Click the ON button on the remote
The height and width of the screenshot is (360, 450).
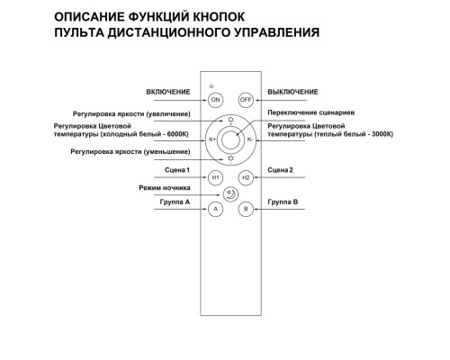coord(215,100)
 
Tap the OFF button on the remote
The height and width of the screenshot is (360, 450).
coord(245,100)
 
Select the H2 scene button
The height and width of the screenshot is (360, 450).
coord(245,178)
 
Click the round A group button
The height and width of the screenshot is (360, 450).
coord(215,209)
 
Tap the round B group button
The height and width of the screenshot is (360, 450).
coord(245,209)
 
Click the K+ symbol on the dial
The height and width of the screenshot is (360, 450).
coord(212,139)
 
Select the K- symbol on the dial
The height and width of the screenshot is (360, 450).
coord(248,139)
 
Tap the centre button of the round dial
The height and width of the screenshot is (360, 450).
coord(230,139)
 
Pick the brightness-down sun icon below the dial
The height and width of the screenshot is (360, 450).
coord(230,159)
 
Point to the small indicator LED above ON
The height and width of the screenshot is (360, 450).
coord(211,85)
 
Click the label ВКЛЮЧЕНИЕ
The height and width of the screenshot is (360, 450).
coord(169,93)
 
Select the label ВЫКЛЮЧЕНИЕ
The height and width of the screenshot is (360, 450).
coord(293,93)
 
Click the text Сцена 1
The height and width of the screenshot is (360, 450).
coord(179,170)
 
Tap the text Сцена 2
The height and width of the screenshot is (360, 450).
coord(281,170)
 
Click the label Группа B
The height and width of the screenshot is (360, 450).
coord(283,202)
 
